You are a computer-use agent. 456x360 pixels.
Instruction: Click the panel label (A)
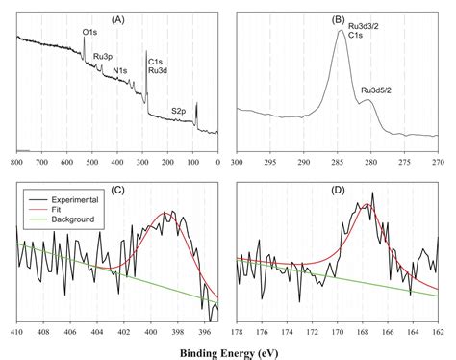tap(117, 18)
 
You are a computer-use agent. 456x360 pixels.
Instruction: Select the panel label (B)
tap(339, 18)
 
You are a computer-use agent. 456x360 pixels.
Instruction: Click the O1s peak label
tap(89, 33)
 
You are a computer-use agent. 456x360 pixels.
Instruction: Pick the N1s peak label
tap(119, 70)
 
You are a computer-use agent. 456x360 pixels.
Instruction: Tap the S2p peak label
tap(178, 111)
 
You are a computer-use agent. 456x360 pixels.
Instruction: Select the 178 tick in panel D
tap(237, 332)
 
